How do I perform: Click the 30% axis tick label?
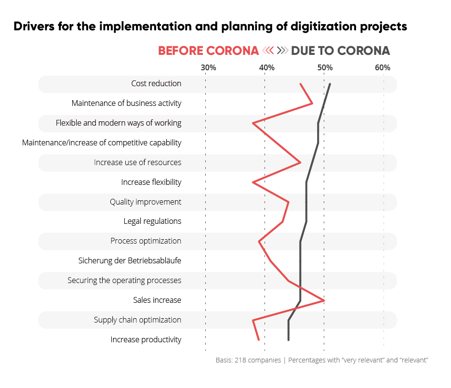[x=208, y=68]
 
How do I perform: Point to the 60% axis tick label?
[x=383, y=68]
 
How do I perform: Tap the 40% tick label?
[x=266, y=68]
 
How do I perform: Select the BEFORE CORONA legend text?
[x=208, y=51]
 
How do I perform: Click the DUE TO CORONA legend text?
[x=341, y=51]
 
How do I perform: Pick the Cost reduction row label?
[x=156, y=84]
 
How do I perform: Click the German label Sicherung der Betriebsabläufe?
[x=130, y=261]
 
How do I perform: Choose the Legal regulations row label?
[x=152, y=221]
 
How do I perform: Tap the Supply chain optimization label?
[x=137, y=320]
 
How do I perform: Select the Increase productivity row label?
[x=146, y=340]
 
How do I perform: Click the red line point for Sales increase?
[x=324, y=300]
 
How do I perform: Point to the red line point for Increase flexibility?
[x=253, y=182]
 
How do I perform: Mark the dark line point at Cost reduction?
[x=330, y=84]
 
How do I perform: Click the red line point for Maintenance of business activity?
[x=312, y=103]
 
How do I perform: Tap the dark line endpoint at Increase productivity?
[x=289, y=340]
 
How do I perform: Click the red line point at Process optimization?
[x=259, y=241]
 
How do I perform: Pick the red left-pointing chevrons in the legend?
[x=268, y=51]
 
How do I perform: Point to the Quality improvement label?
[x=146, y=202]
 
